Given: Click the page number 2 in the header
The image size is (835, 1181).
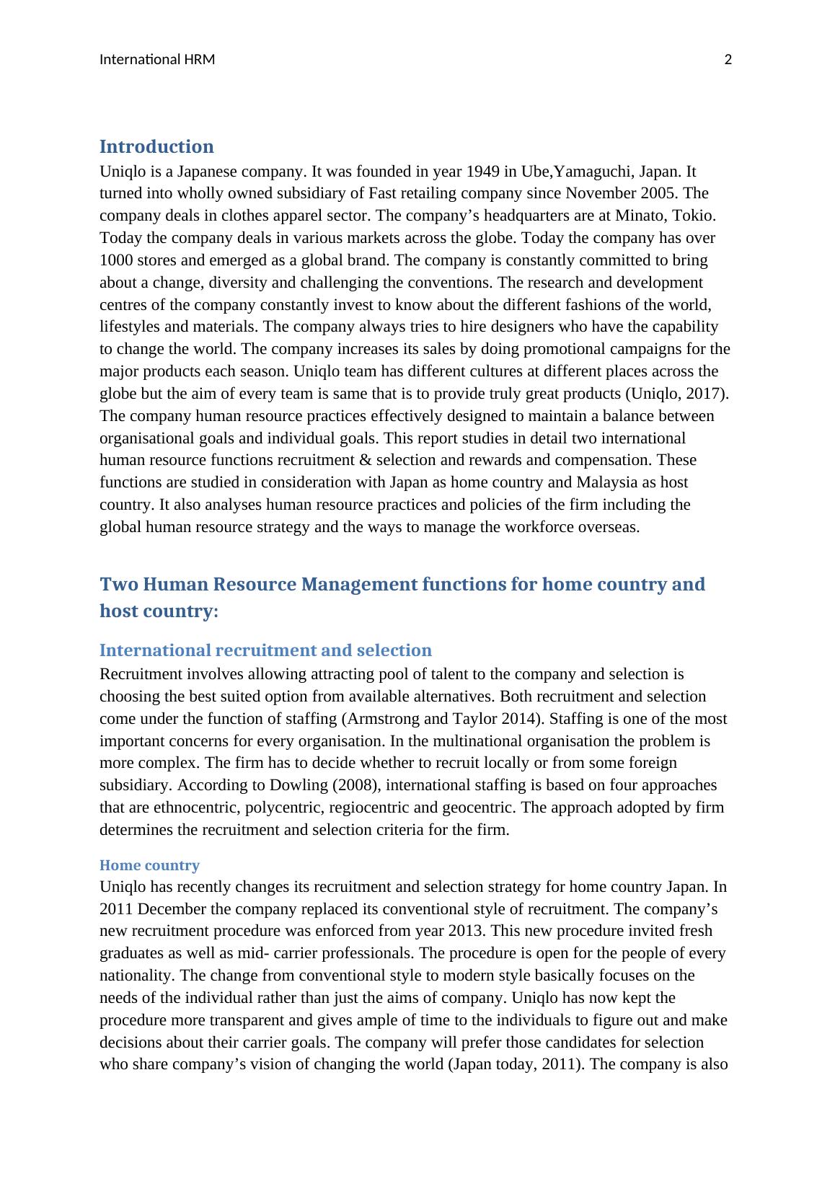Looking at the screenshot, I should coord(728,60).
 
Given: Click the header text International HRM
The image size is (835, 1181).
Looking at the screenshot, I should coord(157,60).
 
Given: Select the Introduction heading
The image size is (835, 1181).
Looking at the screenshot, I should coord(156,147).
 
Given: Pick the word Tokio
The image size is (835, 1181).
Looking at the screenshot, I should coord(695,216).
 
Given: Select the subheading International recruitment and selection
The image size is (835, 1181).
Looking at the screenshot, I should coord(265,650).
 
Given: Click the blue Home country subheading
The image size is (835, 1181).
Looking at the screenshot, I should coord(149,865).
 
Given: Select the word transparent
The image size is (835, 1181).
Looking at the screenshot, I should coord(244,1021).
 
